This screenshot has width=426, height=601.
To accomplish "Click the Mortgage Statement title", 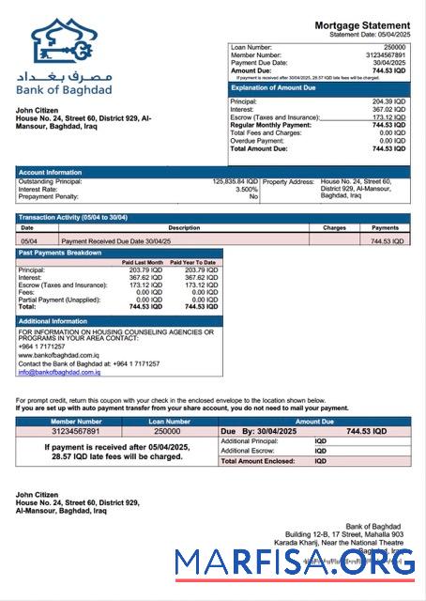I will click(361, 24).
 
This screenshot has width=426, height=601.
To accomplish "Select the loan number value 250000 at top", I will click(395, 46).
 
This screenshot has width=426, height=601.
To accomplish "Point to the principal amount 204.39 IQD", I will click(388, 100).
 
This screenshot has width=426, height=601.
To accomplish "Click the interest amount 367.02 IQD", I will click(388, 109).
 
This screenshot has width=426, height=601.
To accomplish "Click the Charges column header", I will click(334, 227).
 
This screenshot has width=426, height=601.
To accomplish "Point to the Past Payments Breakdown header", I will click(60, 253).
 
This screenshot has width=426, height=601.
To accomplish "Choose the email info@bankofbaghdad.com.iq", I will click(59, 373).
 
